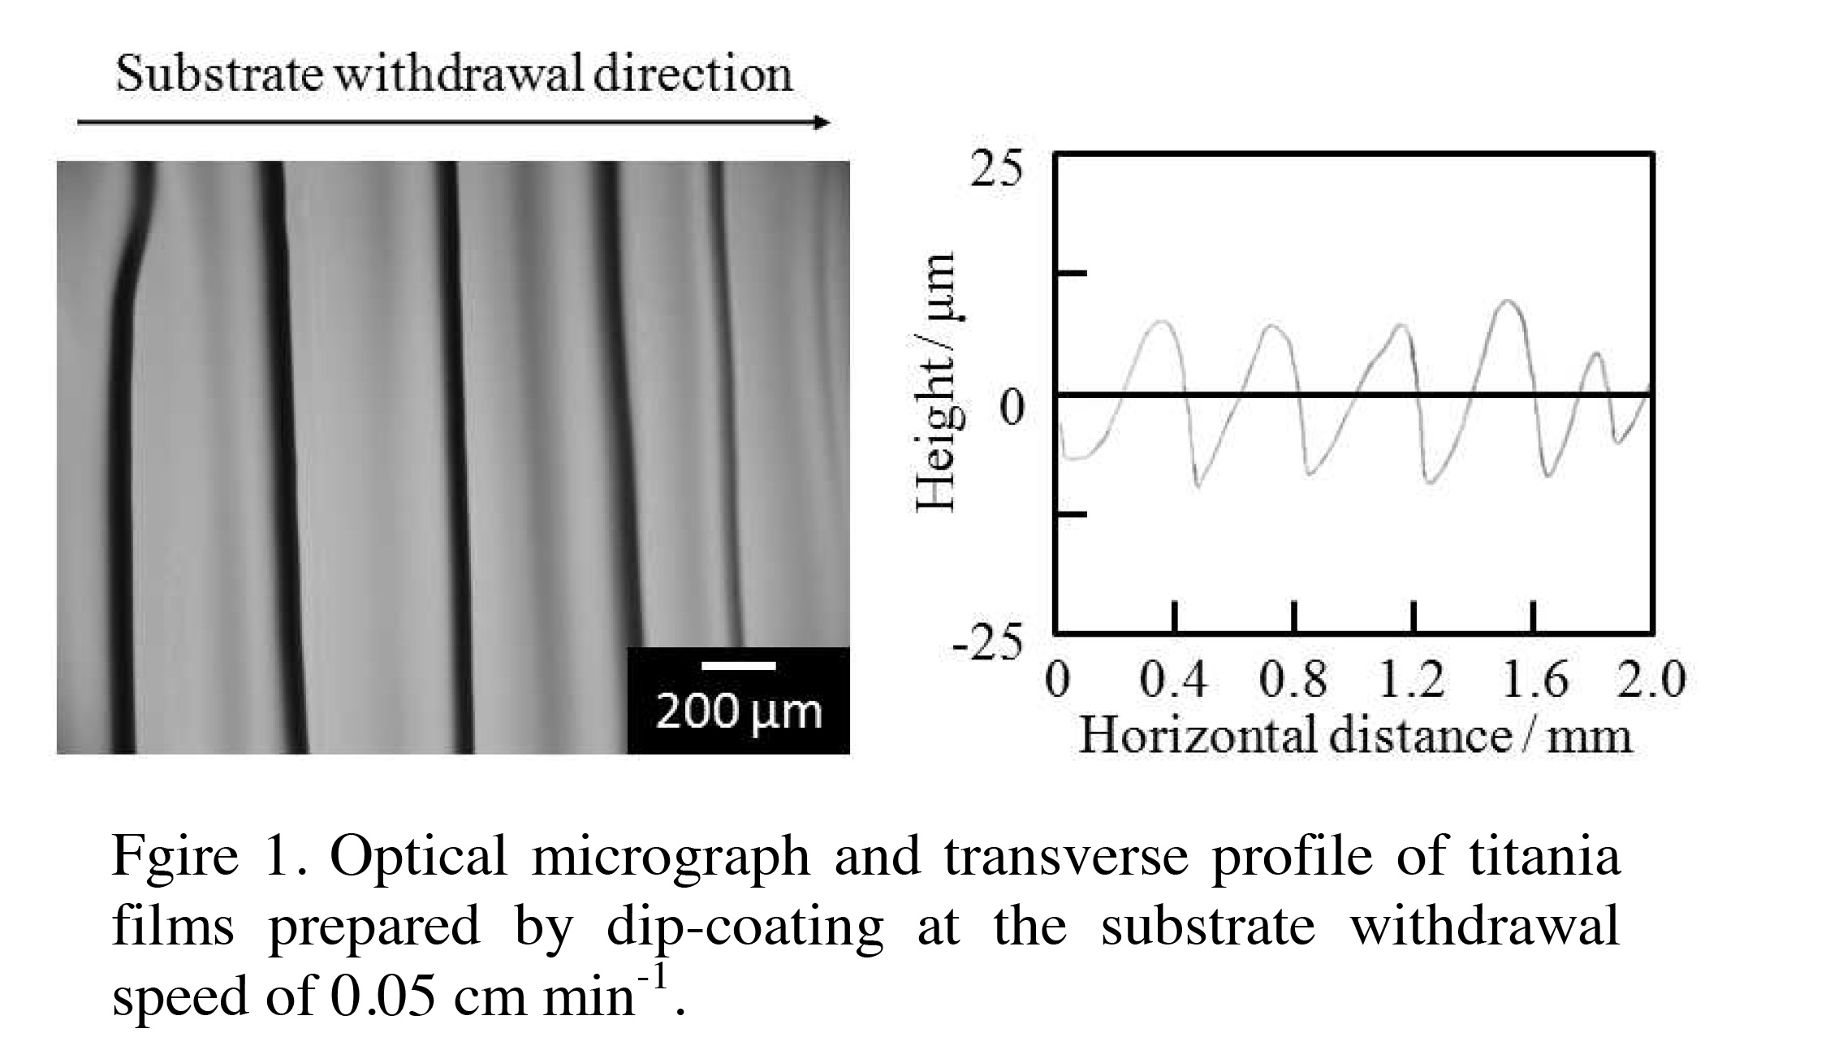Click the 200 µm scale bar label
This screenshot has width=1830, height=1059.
click(738, 712)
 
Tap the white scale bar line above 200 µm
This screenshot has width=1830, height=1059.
click(738, 666)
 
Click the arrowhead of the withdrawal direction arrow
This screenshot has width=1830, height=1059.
click(822, 123)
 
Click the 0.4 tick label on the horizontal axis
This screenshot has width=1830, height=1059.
click(1173, 680)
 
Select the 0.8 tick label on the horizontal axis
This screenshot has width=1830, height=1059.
click(1293, 680)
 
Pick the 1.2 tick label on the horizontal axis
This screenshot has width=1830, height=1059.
click(1412, 680)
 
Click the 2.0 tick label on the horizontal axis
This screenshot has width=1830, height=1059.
click(1651, 680)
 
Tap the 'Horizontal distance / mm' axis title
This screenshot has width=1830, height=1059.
click(1354, 736)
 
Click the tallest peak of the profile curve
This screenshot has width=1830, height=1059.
click(1508, 302)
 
